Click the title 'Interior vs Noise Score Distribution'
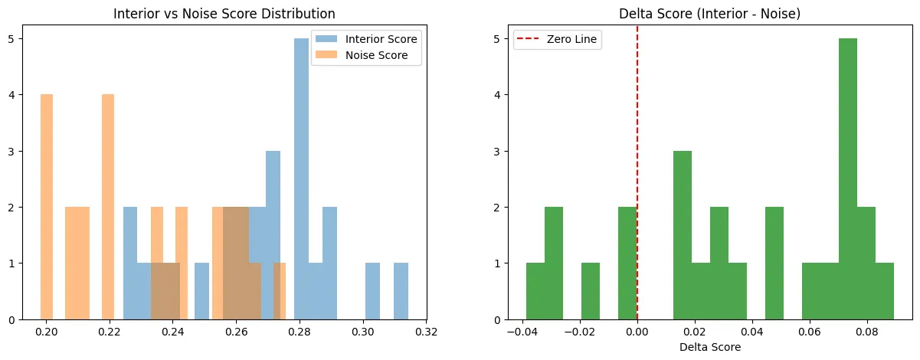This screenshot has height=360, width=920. pos(224,14)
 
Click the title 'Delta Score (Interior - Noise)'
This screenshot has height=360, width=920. pos(709,14)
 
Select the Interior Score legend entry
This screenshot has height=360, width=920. pos(366,39)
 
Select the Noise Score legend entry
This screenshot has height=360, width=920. pos(362,55)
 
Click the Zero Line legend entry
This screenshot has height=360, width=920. pos(556,39)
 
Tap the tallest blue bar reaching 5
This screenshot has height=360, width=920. pos(301,179)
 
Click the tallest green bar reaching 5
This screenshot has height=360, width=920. pos(848,179)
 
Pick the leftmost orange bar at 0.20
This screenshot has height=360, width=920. pos(47,207)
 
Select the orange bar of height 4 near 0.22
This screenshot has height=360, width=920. pos(108,207)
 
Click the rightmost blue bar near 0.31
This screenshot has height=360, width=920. pos(401,291)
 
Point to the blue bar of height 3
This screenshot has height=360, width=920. pos(273,235)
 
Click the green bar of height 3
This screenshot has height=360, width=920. pos(683,235)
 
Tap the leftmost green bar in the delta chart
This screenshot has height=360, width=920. pos(535,291)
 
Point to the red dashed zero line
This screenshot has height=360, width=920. pos(637,172)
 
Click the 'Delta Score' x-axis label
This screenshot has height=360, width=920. pos(710,347)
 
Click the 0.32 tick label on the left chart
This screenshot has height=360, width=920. pos(427,332)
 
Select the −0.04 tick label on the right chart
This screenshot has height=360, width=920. pos(522,332)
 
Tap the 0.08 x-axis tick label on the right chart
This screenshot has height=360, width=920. pos(867,332)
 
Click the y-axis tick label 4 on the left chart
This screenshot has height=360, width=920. pos(11,95)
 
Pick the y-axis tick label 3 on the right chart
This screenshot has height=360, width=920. pos(497,152)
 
